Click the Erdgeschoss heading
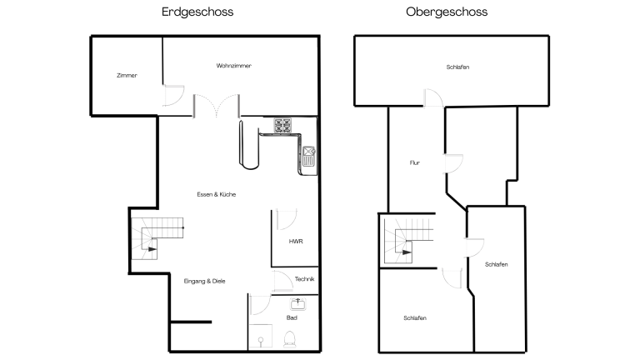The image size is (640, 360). click(x=197, y=12)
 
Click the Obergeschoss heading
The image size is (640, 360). click(x=447, y=12)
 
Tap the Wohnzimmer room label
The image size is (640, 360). click(x=234, y=65)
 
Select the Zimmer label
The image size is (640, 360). click(x=127, y=75)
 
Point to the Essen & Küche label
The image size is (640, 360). click(x=217, y=194)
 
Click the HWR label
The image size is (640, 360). click(x=296, y=241)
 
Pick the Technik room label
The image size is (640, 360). click(x=304, y=279)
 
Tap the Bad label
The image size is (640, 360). click(x=292, y=317)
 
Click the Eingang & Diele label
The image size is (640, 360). click(x=204, y=281)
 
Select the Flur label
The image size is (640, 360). click(x=415, y=162)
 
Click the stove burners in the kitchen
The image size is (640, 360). click(x=282, y=125)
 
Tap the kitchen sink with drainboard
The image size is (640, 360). click(x=308, y=157)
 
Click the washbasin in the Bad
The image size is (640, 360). click(x=298, y=303)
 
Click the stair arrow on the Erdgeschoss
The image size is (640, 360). click(x=152, y=249)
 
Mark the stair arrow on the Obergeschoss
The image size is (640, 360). click(x=407, y=252)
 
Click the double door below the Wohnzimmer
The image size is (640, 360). click(x=217, y=105)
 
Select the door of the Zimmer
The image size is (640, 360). click(x=173, y=96)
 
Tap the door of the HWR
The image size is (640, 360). click(x=287, y=220)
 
